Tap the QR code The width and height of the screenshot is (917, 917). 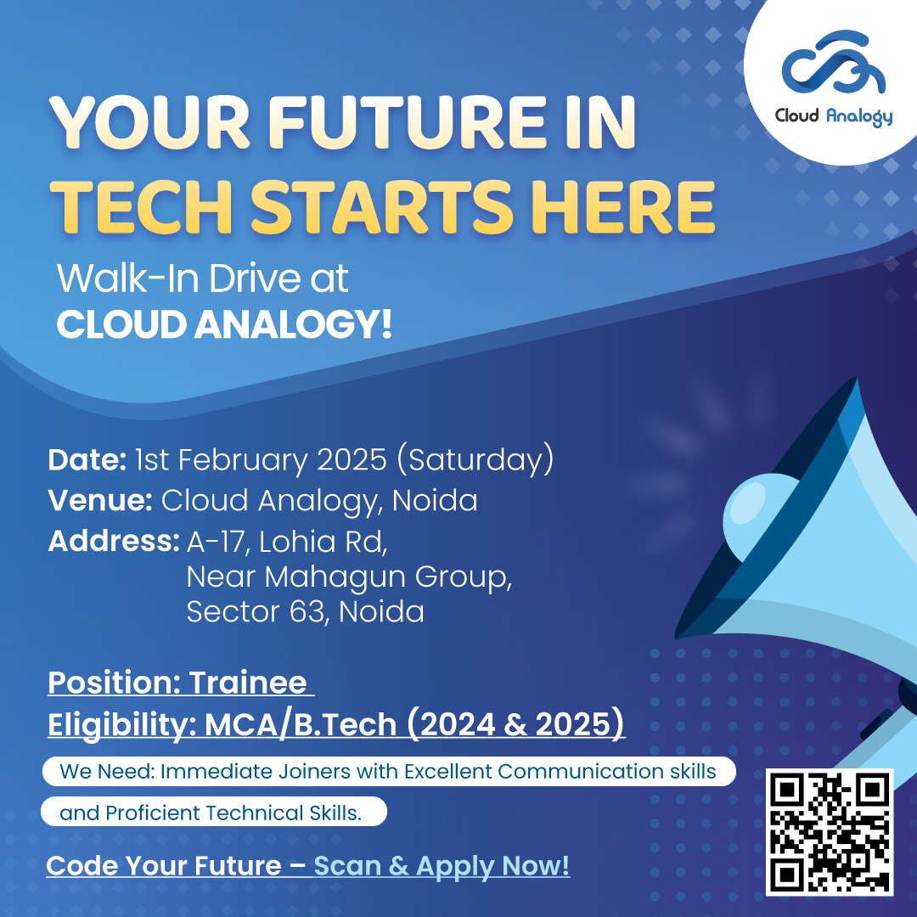pyautogui.click(x=830, y=831)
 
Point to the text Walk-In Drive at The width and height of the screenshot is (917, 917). pyautogui.click(x=202, y=279)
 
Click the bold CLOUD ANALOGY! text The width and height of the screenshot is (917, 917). pyautogui.click(x=224, y=325)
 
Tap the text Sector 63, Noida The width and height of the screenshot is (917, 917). pyautogui.click(x=305, y=611)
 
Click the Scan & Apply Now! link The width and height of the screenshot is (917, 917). pyautogui.click(x=442, y=865)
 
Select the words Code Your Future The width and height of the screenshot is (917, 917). pyautogui.click(x=163, y=865)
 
